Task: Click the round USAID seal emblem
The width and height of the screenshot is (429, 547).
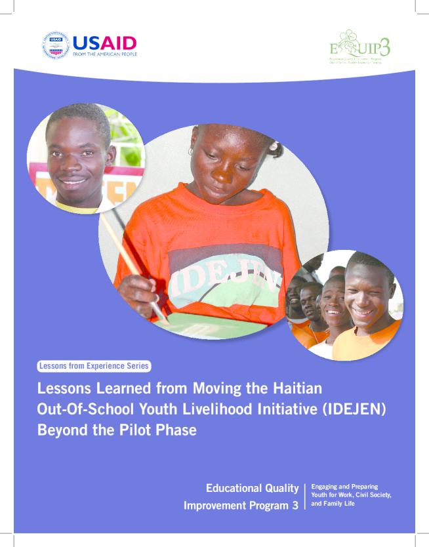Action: tap(56, 46)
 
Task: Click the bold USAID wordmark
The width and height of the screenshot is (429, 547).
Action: tap(104, 43)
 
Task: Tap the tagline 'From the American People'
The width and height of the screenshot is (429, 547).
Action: tap(104, 55)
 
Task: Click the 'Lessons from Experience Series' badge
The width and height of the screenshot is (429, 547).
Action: tap(94, 366)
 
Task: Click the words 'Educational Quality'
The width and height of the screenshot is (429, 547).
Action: tap(253, 488)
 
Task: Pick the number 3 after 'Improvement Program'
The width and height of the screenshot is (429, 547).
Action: tap(295, 506)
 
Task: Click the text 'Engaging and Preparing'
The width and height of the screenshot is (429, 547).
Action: tap(344, 487)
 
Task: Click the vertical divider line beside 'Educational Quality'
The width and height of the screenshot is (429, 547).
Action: tap(304, 496)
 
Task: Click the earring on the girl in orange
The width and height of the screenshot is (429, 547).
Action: tap(190, 152)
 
